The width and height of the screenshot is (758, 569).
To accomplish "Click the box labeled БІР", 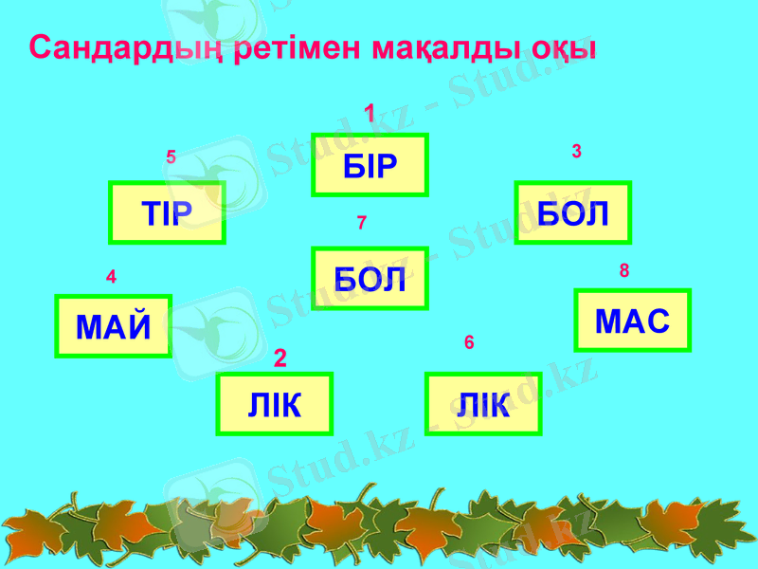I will (370, 165).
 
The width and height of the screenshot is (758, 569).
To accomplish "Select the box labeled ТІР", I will (167, 212).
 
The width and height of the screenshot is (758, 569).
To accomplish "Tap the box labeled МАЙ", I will (114, 326).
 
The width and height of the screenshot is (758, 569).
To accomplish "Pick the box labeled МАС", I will (633, 321).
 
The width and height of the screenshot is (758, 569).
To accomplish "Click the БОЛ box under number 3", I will (572, 212).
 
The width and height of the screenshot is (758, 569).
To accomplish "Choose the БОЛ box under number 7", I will (370, 279).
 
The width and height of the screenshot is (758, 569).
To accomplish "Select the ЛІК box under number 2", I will (275, 404).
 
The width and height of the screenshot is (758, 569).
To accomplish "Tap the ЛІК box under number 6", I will (483, 404).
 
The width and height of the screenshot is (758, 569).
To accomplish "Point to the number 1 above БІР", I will (370, 114).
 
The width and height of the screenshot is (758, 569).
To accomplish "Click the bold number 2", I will (280, 358).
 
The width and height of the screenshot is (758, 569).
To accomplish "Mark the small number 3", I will (576, 151).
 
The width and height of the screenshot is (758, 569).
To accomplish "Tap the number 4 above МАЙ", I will (111, 278).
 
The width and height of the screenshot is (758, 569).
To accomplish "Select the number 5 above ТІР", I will (171, 157).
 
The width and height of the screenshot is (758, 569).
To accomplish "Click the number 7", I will (361, 223).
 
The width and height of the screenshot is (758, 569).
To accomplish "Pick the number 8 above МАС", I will (624, 271).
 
